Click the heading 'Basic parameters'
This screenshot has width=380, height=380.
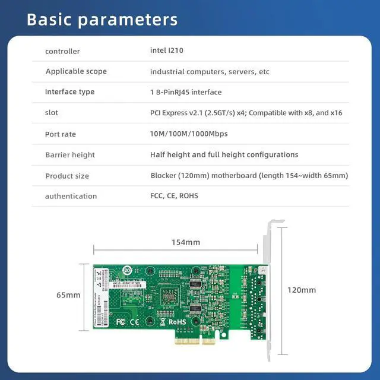coord(102,20)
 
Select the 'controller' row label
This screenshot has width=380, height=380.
coord(62,51)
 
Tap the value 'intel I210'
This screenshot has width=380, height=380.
coord(167,50)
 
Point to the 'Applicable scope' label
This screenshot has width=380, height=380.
coord(76,71)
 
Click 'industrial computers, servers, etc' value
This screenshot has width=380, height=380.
coord(210,72)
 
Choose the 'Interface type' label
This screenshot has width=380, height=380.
coord(69,92)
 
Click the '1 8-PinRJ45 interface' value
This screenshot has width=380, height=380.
coord(186,92)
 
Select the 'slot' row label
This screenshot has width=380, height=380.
coord(52,113)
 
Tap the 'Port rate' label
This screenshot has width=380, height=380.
coord(61,134)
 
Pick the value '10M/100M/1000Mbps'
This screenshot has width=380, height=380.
coord(189,134)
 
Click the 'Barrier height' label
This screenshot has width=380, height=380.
coord(70,155)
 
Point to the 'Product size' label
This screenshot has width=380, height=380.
coord(67,176)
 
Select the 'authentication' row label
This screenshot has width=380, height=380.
coord(71,196)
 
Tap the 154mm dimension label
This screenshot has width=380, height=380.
coord(186,242)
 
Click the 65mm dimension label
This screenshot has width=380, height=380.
coord(68,295)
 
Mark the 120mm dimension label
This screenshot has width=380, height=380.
coord(302,290)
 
